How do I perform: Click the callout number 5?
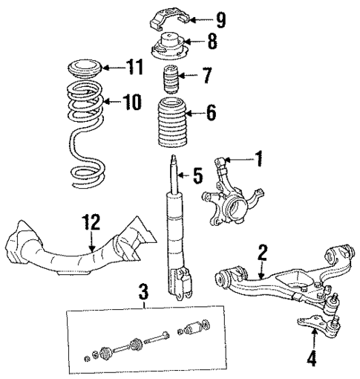click(x=197, y=177)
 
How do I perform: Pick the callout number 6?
click(x=211, y=114)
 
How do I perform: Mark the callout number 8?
click(x=212, y=42)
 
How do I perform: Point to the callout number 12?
click(x=90, y=221)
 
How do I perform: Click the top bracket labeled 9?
click(x=168, y=19)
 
